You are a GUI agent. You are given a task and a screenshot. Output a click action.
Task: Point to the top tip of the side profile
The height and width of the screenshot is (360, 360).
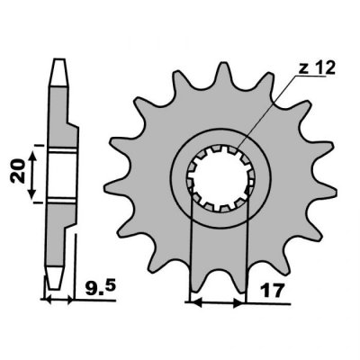click(58, 63)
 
